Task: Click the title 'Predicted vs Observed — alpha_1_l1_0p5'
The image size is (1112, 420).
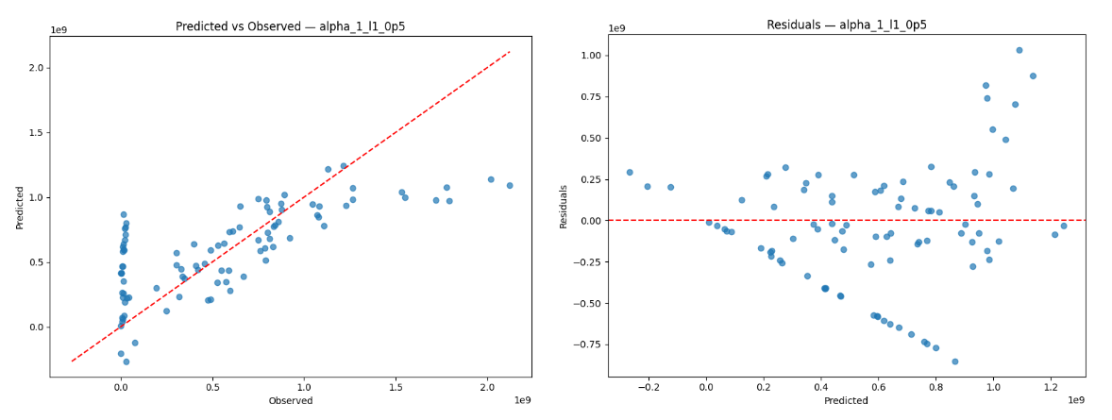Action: [x=291, y=26]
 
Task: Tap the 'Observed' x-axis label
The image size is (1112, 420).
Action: [x=291, y=401]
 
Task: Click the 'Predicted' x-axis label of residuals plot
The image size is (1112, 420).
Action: [x=846, y=401]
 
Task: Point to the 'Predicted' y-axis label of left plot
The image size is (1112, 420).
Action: [x=19, y=206]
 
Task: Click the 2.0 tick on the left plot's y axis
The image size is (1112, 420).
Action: [x=36, y=68]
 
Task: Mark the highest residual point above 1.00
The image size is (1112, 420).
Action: [x=1019, y=50]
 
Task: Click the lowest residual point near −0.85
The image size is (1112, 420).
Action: [x=954, y=361]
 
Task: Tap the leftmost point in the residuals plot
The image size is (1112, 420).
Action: [x=630, y=173]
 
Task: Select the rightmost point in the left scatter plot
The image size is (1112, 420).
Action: [x=510, y=185]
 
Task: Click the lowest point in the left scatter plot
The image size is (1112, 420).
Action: [x=126, y=361]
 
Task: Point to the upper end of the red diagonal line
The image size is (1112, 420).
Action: [x=510, y=52]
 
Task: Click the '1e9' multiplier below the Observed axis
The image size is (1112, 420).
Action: [x=522, y=400]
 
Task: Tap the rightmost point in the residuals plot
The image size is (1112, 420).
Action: [x=1064, y=226]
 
